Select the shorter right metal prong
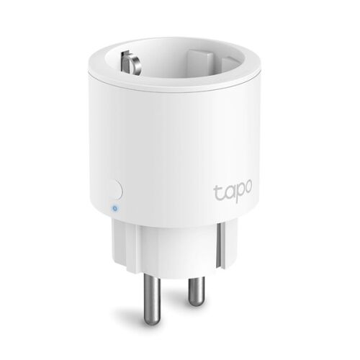click(x=195, y=284)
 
